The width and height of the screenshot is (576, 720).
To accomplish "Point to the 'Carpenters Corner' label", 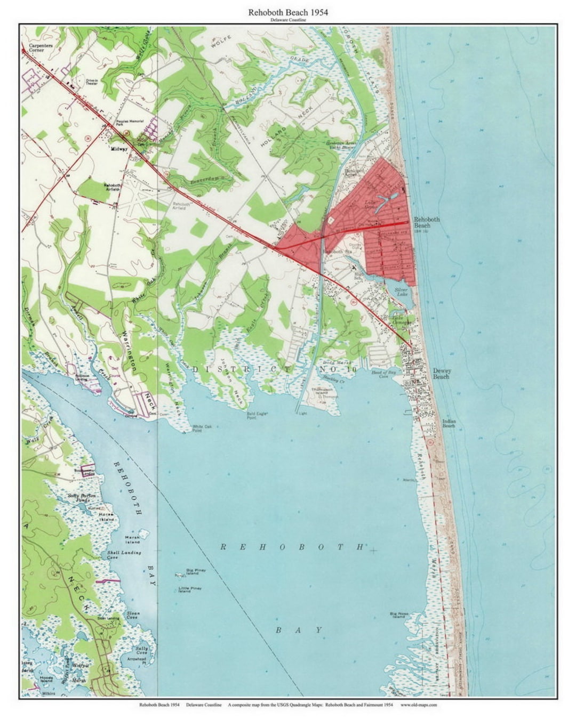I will pyautogui.click(x=41, y=48).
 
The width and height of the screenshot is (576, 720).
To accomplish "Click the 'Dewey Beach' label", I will pyautogui.click(x=441, y=374).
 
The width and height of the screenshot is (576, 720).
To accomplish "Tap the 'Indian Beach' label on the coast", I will pyautogui.click(x=449, y=423).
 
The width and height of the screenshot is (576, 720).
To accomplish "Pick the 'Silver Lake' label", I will pyautogui.click(x=401, y=292).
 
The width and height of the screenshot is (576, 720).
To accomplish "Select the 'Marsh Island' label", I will pyautogui.click(x=132, y=540).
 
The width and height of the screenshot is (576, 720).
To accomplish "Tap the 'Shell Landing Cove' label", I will pyautogui.click(x=123, y=555).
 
